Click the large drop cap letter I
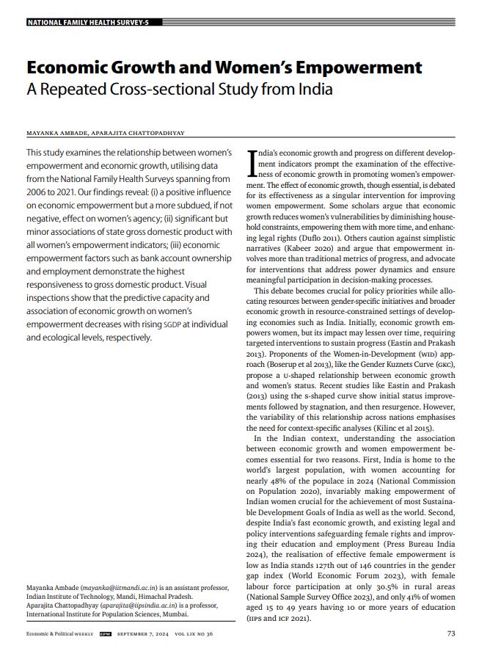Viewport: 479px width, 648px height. (252, 162)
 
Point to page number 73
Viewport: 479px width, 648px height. (451, 633)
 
